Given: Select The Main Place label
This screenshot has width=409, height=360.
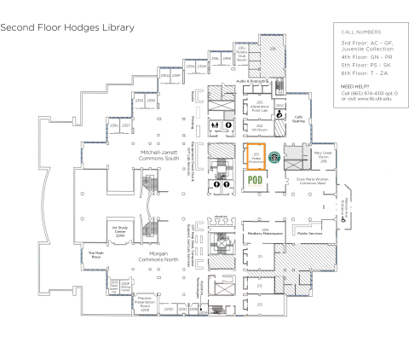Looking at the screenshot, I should (95, 255).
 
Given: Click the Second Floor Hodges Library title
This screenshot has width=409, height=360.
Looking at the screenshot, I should (67, 27).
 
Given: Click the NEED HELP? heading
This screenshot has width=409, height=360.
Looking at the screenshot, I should (356, 87).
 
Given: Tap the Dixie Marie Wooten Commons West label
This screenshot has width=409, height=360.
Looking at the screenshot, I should (313, 182).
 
